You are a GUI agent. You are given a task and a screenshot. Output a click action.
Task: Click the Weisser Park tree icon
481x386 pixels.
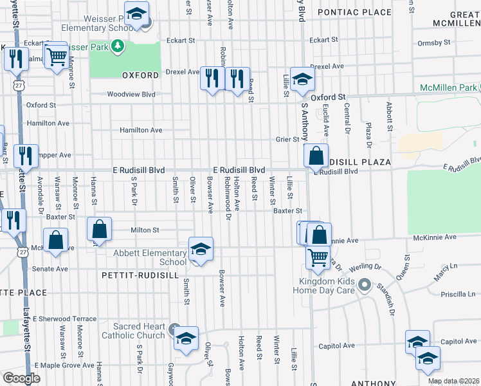point(117,46)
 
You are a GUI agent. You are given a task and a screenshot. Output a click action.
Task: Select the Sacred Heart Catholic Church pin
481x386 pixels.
point(173,330)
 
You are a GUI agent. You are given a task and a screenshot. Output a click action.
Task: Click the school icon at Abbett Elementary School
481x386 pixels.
point(201,250)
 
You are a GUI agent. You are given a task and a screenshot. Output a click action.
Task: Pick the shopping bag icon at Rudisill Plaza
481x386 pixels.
point(316,155)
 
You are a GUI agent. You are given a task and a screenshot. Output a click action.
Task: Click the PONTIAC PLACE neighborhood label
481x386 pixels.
point(354,12)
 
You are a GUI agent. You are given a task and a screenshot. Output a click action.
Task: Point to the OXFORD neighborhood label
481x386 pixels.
point(140,75)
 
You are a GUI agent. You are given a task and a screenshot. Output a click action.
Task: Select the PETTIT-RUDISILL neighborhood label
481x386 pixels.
point(133,275)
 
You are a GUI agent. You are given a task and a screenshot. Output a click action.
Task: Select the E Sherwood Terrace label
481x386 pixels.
point(65,318)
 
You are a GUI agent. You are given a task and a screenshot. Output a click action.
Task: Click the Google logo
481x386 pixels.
point(21,378)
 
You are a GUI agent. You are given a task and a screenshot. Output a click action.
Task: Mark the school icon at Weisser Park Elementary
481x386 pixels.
point(136,14)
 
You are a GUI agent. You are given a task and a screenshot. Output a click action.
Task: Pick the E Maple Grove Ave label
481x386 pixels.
point(65,365)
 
